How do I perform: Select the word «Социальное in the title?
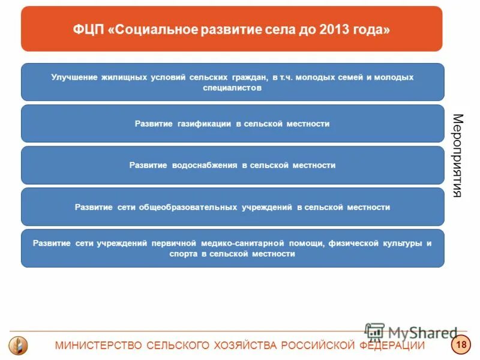coord(146,29)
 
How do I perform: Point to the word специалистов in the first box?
coord(232,88)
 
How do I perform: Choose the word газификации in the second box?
coord(204,124)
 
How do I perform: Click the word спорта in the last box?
coord(183,254)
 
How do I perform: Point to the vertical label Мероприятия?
coord(457,155)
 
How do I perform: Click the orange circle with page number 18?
coord(461,345)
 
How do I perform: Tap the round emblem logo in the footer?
coord(18,345)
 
